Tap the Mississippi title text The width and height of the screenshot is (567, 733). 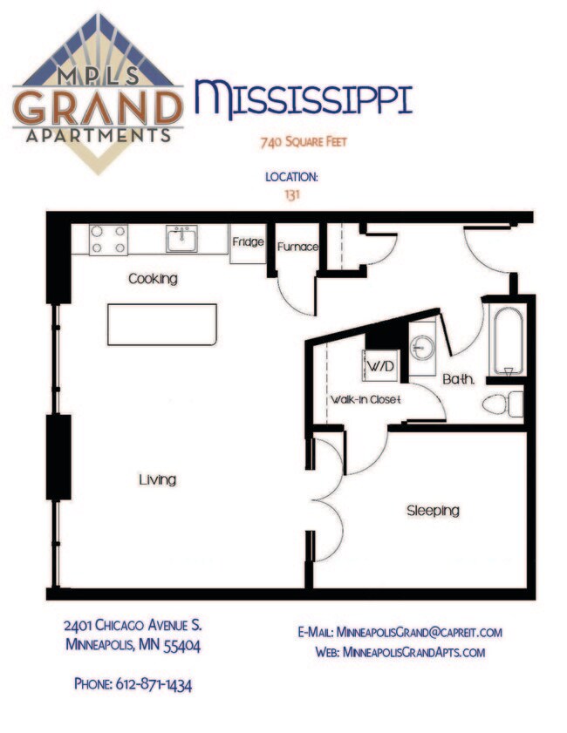coord(303,98)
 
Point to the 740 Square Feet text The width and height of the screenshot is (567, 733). coord(292,141)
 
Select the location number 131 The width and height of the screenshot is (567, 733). coord(292,194)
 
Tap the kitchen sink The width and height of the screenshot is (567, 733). coord(182,238)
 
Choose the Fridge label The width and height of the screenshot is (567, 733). coord(248,242)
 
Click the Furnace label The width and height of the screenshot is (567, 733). coord(297,247)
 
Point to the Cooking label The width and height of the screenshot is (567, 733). coord(153,279)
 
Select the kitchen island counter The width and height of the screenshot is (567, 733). coord(163,324)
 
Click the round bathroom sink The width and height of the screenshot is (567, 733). coord(422,348)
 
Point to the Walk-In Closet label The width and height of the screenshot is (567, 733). coord(364,400)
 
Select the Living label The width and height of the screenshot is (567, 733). coord(158,479)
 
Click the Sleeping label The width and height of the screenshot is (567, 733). coord(433,511)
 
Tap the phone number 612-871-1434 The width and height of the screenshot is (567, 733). coord(133,684)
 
